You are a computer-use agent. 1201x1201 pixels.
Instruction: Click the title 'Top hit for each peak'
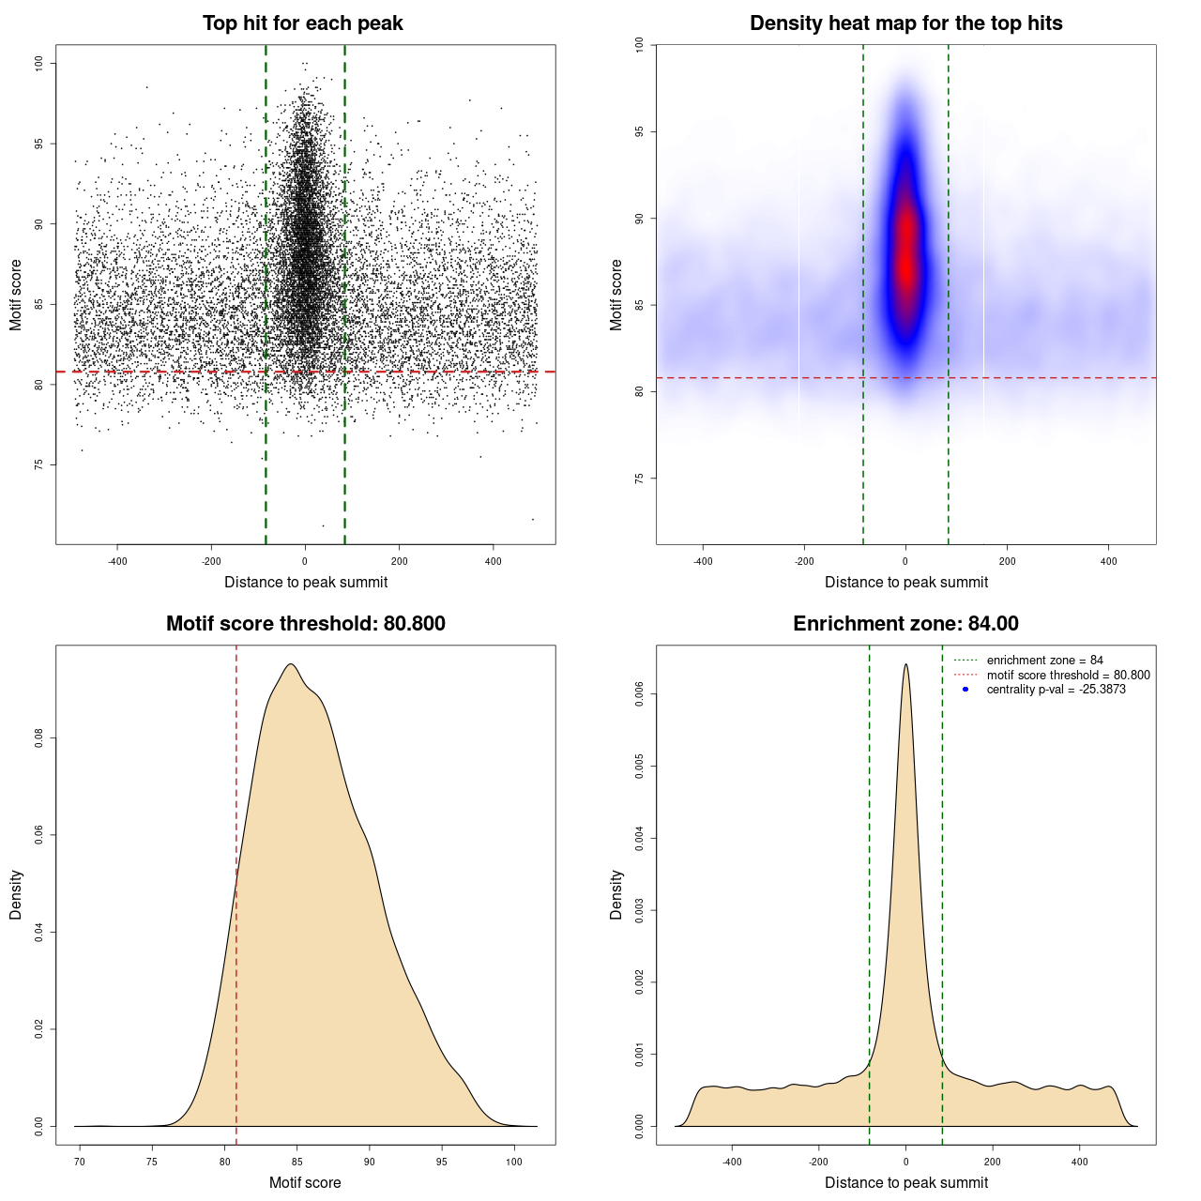(x=303, y=23)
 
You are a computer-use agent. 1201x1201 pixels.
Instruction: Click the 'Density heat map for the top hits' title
(x=905, y=23)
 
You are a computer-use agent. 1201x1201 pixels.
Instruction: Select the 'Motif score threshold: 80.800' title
(x=305, y=624)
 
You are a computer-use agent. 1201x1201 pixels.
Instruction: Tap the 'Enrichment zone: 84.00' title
(x=905, y=624)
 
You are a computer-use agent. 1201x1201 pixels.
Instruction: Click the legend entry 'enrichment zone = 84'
(x=1044, y=661)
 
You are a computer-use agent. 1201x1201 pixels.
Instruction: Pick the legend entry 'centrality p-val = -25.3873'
(x=1056, y=690)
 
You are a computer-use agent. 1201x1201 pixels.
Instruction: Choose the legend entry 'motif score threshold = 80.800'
(x=1068, y=676)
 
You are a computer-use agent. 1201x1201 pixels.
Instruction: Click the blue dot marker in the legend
(x=965, y=690)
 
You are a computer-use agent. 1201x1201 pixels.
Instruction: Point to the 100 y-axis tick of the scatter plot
(x=38, y=63)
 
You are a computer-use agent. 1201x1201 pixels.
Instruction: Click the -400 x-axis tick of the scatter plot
(x=117, y=562)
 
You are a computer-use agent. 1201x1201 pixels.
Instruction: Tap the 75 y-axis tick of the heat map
(x=639, y=479)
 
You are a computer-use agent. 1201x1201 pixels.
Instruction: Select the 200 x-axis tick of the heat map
(x=1007, y=562)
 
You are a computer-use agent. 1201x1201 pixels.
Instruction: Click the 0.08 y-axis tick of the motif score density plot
(x=38, y=738)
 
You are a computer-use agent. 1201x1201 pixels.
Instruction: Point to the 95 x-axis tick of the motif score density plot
(x=442, y=1163)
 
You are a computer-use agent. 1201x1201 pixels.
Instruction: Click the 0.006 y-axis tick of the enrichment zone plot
(x=639, y=694)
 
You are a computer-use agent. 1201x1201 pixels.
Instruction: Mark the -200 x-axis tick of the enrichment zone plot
(x=819, y=1163)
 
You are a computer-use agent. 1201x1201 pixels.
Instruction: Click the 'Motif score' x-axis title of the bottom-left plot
(x=305, y=1182)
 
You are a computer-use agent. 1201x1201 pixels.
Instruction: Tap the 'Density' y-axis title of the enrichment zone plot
(x=616, y=894)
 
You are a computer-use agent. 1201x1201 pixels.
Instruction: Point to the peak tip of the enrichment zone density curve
(x=905, y=664)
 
